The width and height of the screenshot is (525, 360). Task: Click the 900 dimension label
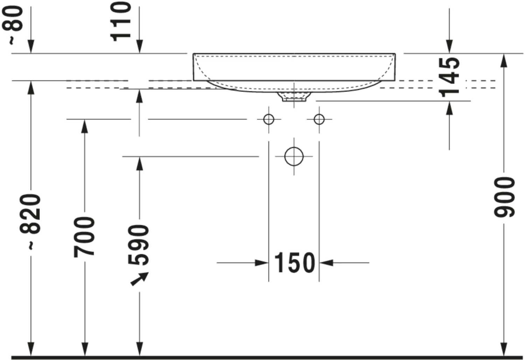tap(504, 197)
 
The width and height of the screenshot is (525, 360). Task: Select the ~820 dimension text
tap(30, 222)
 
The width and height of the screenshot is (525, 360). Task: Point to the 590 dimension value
tap(139, 245)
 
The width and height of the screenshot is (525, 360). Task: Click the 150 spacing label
tap(295, 263)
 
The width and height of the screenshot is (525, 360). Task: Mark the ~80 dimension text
tap(13, 25)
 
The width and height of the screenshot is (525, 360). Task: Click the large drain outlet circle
tap(294, 156)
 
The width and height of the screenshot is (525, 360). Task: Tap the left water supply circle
tap(268, 119)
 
